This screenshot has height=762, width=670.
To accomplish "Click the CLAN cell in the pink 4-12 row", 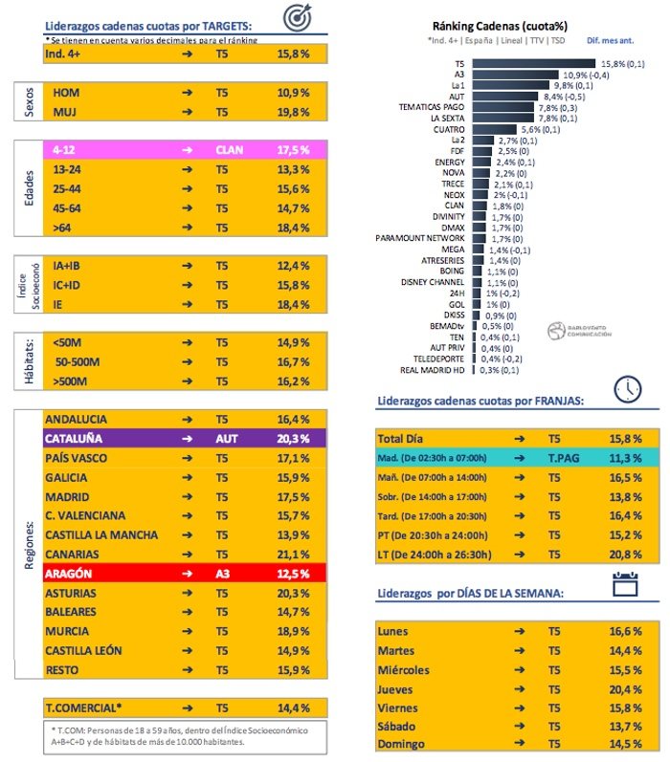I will pyautogui.click(x=230, y=150).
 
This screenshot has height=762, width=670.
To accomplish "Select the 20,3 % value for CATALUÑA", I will pyautogui.click(x=292, y=439).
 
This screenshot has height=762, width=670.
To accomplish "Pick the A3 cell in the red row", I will pyautogui.click(x=223, y=573).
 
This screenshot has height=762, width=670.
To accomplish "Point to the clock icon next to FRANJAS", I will pyautogui.click(x=627, y=387).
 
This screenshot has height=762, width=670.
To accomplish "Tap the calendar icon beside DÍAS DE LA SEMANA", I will pyautogui.click(x=625, y=585).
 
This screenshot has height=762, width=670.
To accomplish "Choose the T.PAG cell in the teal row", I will pyautogui.click(x=561, y=458).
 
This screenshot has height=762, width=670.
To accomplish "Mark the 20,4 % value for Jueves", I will pyautogui.click(x=626, y=689).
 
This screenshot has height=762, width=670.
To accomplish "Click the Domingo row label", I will pyautogui.click(x=403, y=744).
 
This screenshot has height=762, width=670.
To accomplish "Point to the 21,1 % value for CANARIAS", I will pyautogui.click(x=292, y=554).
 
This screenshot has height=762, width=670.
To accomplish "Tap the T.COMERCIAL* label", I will pyautogui.click(x=83, y=708).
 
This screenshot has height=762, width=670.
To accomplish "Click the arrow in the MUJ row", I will pyautogui.click(x=187, y=112).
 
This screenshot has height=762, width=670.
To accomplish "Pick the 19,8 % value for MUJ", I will pyautogui.click(x=292, y=112).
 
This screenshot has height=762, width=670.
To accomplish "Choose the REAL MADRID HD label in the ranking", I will pyautogui.click(x=432, y=369).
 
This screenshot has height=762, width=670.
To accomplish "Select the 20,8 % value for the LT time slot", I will pyautogui.click(x=626, y=555).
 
